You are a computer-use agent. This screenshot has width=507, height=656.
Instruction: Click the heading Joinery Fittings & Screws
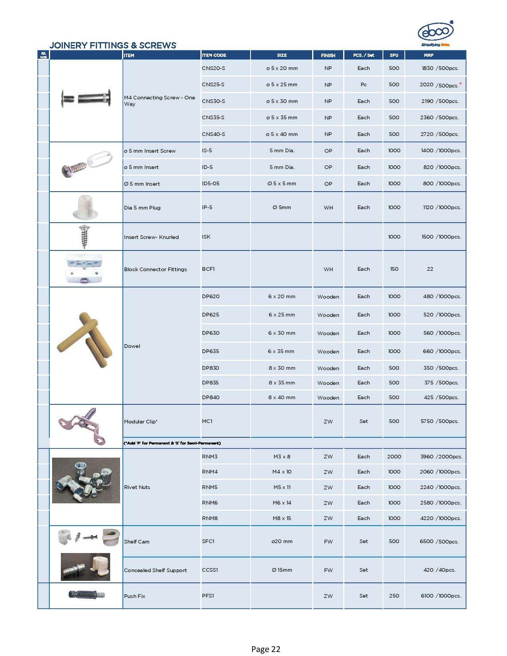click(x=113, y=45)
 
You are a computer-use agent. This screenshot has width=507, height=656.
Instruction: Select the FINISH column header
click(x=328, y=55)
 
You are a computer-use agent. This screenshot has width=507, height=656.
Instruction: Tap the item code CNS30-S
click(x=213, y=101)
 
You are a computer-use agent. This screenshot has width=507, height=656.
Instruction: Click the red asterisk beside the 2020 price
click(x=460, y=83)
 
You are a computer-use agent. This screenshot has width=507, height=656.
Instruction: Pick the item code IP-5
click(x=207, y=207)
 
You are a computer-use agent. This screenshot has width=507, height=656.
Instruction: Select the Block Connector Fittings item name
click(x=155, y=269)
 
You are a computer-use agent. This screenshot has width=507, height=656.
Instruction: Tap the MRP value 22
click(x=430, y=269)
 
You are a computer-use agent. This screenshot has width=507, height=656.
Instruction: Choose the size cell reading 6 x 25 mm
click(x=282, y=314)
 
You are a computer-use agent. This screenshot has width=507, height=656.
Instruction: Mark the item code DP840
click(x=210, y=397)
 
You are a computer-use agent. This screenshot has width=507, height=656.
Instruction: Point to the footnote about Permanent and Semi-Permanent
click(x=172, y=443)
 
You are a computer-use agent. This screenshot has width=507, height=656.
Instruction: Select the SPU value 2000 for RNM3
click(x=394, y=456)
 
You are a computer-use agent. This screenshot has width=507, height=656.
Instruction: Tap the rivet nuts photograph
click(x=86, y=480)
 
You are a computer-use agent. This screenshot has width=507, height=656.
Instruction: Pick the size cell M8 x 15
click(x=282, y=518)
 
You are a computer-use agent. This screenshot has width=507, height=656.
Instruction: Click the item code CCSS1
click(x=210, y=570)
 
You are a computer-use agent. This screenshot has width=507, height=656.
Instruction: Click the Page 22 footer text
click(x=266, y=649)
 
